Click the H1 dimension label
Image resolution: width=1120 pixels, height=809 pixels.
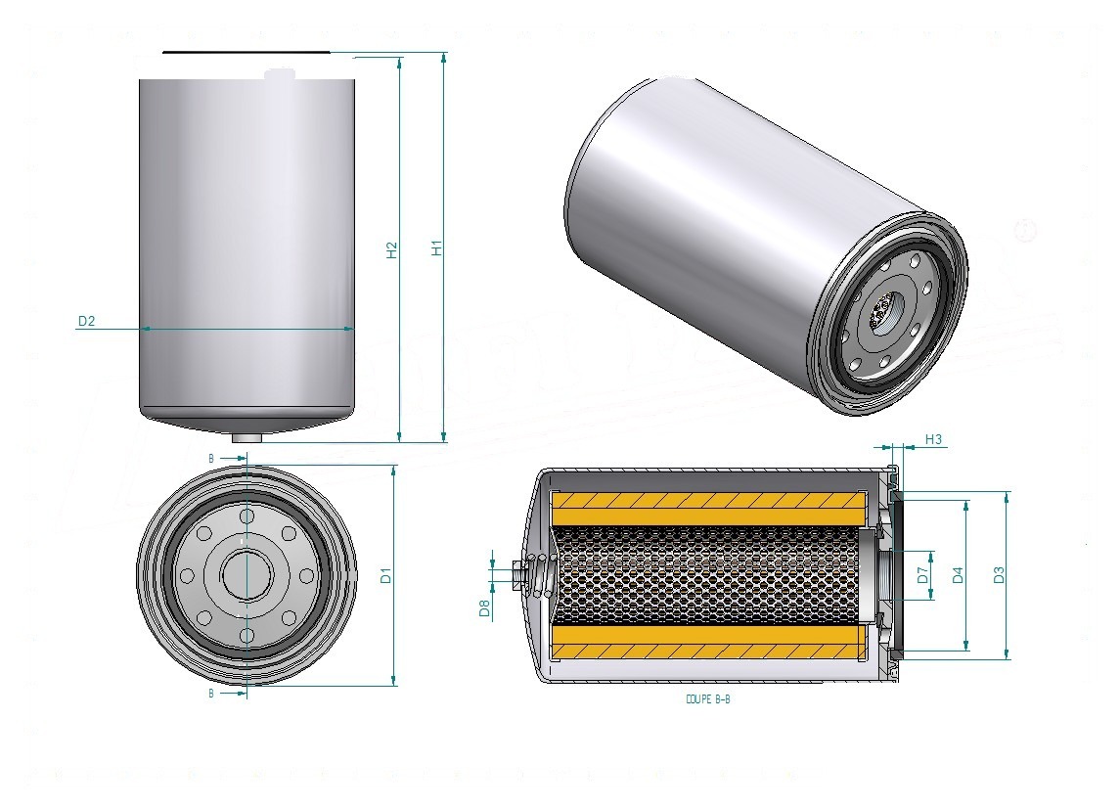point(437,247)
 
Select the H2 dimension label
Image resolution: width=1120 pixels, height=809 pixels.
point(391,249)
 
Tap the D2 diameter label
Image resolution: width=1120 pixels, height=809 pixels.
point(86,321)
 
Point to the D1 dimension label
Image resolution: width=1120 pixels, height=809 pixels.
point(386,575)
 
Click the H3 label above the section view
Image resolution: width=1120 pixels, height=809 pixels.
point(933,440)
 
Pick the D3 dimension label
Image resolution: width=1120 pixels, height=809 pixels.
point(1000,575)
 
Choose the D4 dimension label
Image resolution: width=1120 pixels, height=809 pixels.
point(959,575)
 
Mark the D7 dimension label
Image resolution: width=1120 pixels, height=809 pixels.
point(922,575)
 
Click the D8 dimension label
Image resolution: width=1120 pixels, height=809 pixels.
point(485,608)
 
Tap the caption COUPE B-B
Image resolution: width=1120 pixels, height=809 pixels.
point(708,699)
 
